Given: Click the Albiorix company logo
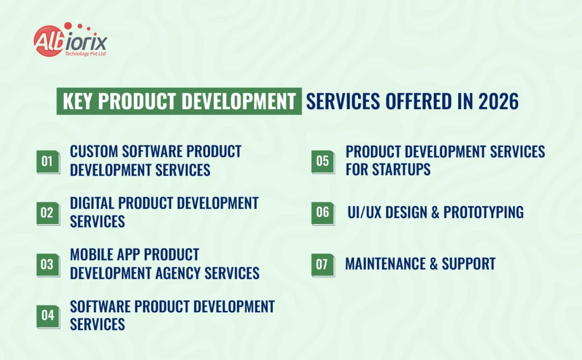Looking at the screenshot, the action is click(x=70, y=40).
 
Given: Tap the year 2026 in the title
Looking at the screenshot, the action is click(x=498, y=101).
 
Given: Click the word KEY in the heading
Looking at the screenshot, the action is click(x=77, y=101).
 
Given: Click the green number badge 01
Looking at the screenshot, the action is click(x=48, y=162).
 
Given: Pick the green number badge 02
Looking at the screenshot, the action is click(x=48, y=213).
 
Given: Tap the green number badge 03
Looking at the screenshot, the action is click(x=48, y=265).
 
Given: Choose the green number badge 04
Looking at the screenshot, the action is click(x=48, y=316).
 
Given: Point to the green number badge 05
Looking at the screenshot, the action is click(x=323, y=162).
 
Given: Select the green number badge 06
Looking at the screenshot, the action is click(x=323, y=213).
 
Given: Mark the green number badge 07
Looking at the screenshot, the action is click(x=323, y=265).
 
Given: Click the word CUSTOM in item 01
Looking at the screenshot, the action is click(x=94, y=152).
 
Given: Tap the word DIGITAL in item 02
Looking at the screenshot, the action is click(x=92, y=203).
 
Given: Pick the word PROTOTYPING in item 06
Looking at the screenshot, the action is click(x=483, y=212).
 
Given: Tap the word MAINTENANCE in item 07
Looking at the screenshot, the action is click(x=385, y=264).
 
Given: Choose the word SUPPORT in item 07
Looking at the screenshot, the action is click(x=468, y=264).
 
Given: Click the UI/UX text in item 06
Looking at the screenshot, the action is click(x=364, y=212).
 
